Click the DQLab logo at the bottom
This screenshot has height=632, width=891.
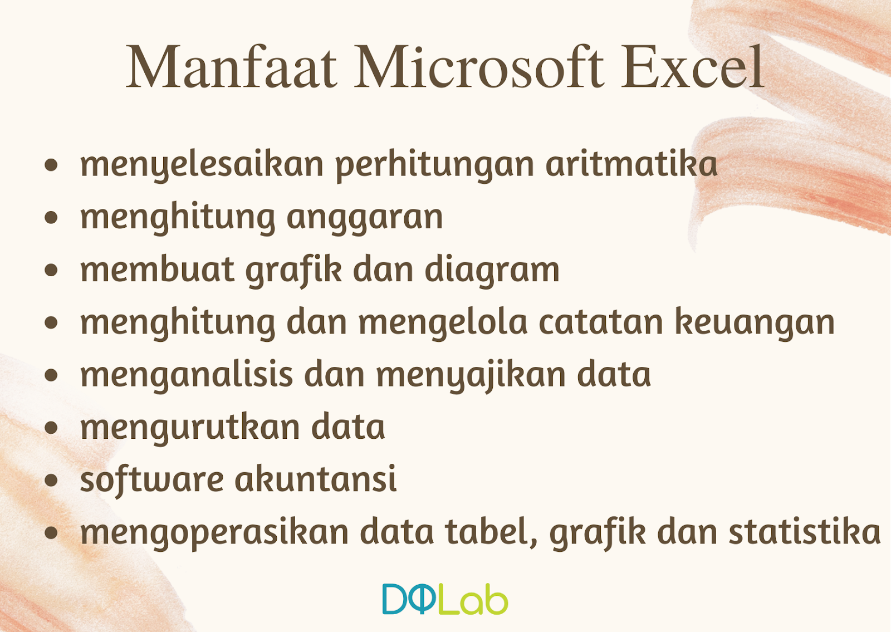click(445, 599)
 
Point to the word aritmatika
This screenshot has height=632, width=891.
click(631, 164)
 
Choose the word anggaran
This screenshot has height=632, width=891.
click(365, 218)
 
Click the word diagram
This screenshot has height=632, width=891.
click(492, 271)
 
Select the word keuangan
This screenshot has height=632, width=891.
click(755, 323)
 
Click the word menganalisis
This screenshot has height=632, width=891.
click(187, 375)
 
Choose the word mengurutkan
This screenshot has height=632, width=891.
click(189, 428)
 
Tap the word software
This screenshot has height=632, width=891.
click(151, 479)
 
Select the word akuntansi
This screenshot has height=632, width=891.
click(316, 479)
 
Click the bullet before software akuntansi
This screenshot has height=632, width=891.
click(51, 480)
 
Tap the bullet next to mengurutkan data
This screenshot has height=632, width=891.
click(51, 428)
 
